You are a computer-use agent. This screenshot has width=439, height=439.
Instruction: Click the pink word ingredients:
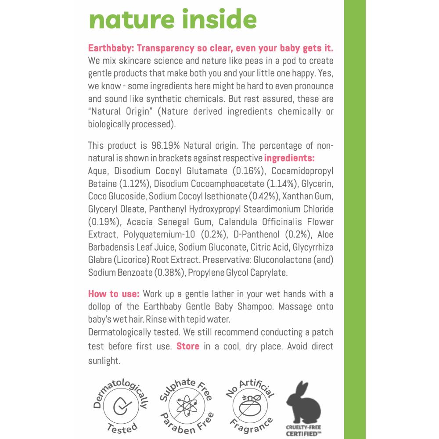290,158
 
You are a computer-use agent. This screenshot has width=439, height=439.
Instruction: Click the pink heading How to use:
114,293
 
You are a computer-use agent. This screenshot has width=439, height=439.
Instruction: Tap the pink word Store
187,346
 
